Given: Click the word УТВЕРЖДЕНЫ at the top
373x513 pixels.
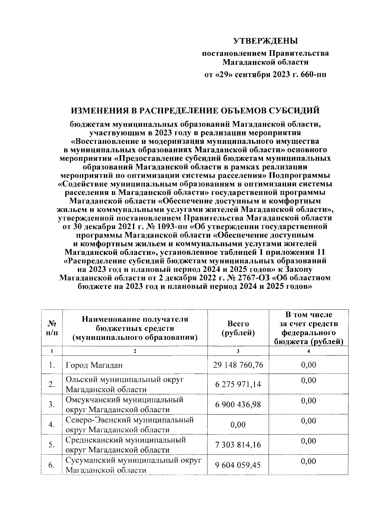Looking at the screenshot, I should [265, 41].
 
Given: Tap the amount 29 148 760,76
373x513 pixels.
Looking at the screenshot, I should [238, 365].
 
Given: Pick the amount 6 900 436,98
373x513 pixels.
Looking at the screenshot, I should [238, 405].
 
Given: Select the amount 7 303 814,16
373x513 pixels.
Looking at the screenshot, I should [238, 445].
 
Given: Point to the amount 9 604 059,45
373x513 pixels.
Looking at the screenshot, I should [238, 465].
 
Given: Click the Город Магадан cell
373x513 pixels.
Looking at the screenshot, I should [94, 365].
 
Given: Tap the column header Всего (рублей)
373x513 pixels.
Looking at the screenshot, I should [238, 328].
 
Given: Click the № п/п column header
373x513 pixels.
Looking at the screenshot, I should [52, 328].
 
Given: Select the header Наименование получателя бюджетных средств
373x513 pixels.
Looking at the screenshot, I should [135, 328].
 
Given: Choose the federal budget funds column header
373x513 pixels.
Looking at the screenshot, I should [309, 328].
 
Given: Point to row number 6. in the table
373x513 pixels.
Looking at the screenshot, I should [52, 465].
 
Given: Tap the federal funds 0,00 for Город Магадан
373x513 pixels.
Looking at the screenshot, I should [309, 365].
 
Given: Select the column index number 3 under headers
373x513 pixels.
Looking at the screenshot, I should [238, 351].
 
